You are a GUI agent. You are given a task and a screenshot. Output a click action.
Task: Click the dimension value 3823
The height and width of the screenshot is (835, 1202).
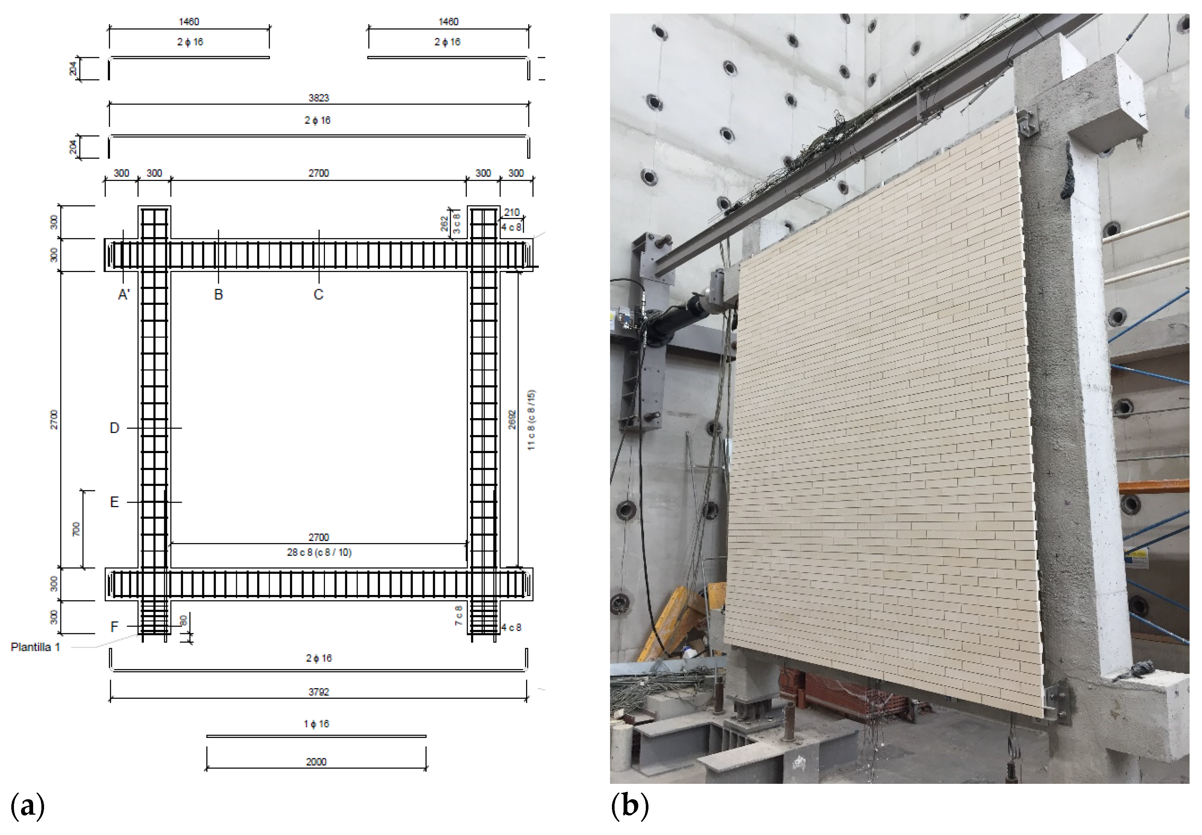(318, 98)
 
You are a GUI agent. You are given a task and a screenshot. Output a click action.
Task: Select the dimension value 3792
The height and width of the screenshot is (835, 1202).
(318, 692)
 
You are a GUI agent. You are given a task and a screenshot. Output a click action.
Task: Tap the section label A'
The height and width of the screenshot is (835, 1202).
(124, 295)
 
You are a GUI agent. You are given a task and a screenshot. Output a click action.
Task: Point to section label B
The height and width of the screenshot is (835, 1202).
(218, 295)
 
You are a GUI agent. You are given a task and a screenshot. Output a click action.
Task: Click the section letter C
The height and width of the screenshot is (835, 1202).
(318, 295)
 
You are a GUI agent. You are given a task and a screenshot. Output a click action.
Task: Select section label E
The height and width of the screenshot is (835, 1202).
(114, 503)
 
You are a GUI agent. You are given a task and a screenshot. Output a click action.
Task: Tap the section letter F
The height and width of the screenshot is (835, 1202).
(114, 627)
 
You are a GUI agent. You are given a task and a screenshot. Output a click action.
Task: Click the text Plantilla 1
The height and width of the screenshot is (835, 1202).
(36, 647)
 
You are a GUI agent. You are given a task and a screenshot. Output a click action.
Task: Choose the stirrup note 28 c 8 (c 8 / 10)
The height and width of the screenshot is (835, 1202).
(319, 552)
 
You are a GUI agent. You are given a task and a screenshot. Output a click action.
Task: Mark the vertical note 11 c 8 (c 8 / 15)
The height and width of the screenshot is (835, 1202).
(531, 420)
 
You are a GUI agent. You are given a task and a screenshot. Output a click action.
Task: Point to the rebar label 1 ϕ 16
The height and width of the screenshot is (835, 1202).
(316, 724)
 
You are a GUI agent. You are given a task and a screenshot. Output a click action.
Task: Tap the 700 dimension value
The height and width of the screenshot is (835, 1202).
(76, 529)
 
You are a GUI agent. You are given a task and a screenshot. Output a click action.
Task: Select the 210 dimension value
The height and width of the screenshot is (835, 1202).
(511, 212)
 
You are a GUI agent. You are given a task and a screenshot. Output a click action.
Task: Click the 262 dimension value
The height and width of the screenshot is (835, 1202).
(444, 224)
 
